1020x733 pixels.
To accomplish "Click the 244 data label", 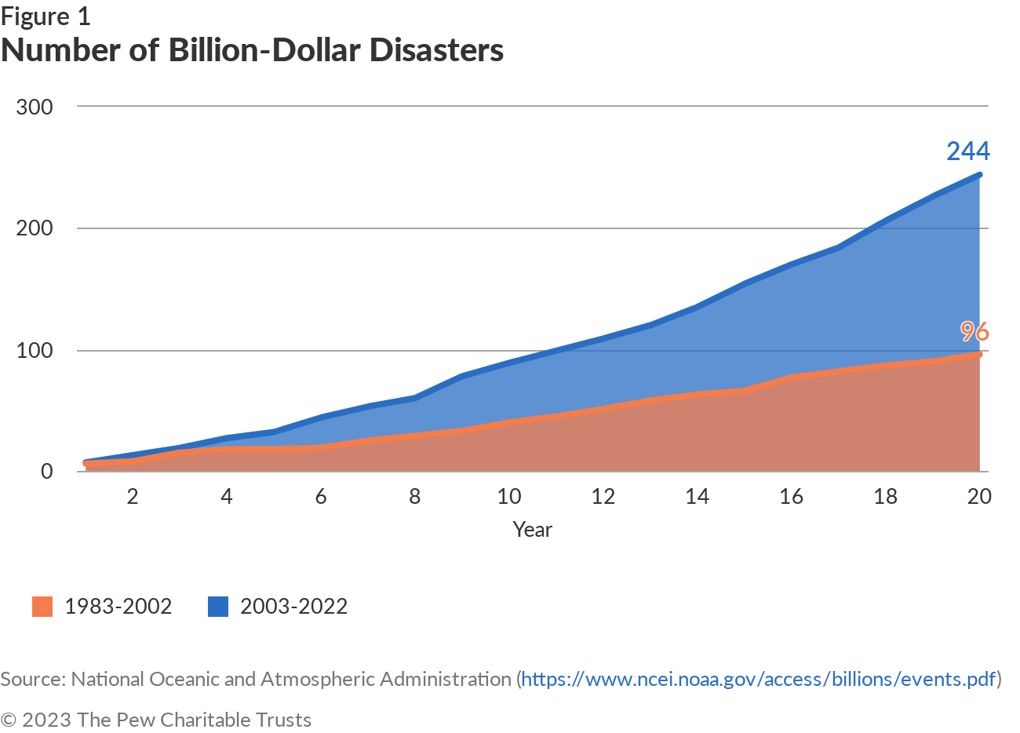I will pos(967,151).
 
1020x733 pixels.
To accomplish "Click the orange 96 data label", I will pos(974,332).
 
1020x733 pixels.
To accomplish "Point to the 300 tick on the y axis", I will pos(35,107).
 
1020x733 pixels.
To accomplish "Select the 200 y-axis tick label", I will pos(35,228).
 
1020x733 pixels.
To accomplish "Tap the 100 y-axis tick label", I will pos(35,350).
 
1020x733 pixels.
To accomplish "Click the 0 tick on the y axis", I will pos(47,471).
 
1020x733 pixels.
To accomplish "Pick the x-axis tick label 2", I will pos(133,496).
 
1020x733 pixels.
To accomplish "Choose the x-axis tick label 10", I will pos(509,496).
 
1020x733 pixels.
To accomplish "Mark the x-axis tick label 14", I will pos(697,496).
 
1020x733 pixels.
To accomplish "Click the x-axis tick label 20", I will pos(979,496).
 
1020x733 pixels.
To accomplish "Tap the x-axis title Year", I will pos(532,530).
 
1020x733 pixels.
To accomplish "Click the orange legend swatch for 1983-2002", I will pos(42,607).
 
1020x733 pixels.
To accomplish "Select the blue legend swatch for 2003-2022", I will pos(218,607).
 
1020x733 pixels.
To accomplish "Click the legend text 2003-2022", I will pos(293,607).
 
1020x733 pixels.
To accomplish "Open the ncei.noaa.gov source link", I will pos(758,679).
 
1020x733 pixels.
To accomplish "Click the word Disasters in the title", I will pos(436,50).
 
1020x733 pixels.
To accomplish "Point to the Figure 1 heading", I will pos(46,16).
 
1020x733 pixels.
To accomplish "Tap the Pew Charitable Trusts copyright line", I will pos(156,720).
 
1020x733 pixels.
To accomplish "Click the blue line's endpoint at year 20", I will pos(979,174).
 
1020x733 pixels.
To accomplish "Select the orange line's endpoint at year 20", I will pos(979,354).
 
